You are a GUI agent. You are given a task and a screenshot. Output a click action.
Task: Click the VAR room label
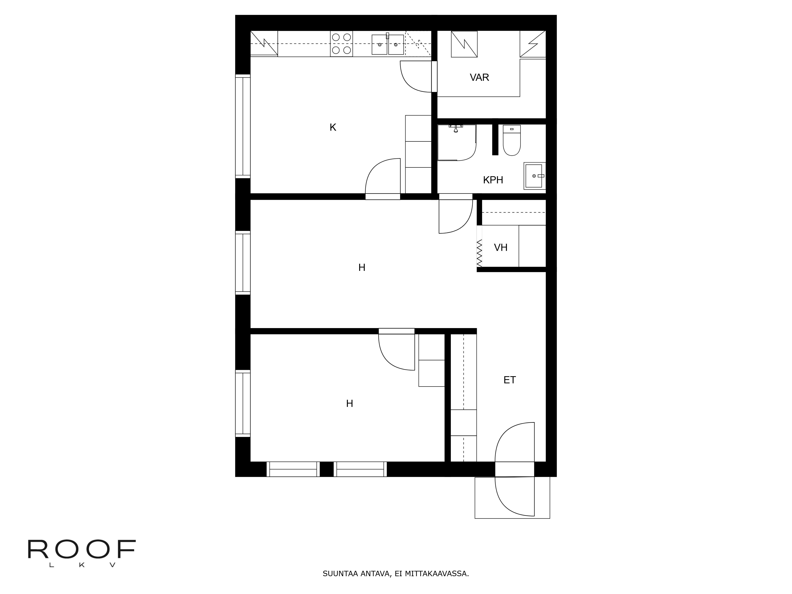479,77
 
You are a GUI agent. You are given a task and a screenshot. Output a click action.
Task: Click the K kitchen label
333,128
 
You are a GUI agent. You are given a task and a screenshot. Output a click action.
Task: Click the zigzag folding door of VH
479,253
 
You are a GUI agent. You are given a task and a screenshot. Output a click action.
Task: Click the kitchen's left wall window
242,126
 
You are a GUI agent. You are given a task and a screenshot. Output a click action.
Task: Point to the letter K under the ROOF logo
82,565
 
